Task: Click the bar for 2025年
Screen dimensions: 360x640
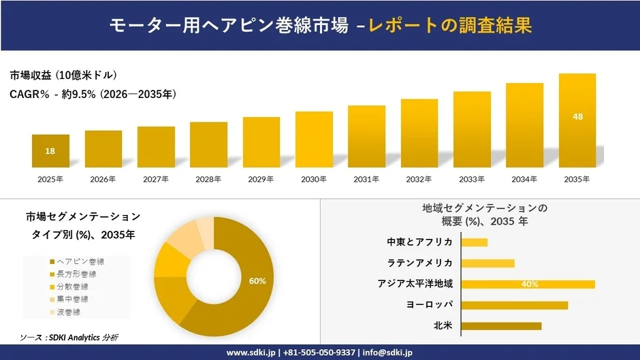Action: [50, 151]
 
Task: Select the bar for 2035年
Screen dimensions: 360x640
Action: [577, 120]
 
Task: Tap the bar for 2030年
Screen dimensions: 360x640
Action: [314, 140]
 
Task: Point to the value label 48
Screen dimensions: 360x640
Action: [577, 117]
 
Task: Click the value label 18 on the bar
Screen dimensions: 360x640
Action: [50, 151]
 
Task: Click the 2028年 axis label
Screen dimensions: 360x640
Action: [208, 180]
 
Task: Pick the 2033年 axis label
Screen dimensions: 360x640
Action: [472, 180]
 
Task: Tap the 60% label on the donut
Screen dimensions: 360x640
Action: [257, 281]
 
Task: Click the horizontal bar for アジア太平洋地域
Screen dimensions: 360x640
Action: [528, 284]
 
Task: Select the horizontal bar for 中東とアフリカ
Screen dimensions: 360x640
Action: [475, 242]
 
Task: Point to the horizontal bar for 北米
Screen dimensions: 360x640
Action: [501, 326]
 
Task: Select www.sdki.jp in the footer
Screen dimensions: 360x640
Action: [250, 353]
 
